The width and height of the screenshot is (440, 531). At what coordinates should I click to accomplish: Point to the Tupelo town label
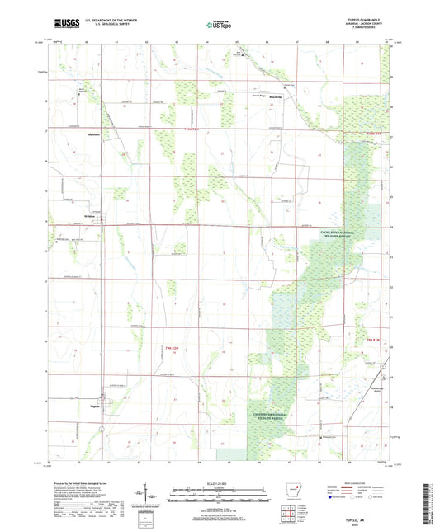[94, 405]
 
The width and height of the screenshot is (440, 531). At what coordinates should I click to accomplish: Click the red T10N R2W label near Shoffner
[192, 129]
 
